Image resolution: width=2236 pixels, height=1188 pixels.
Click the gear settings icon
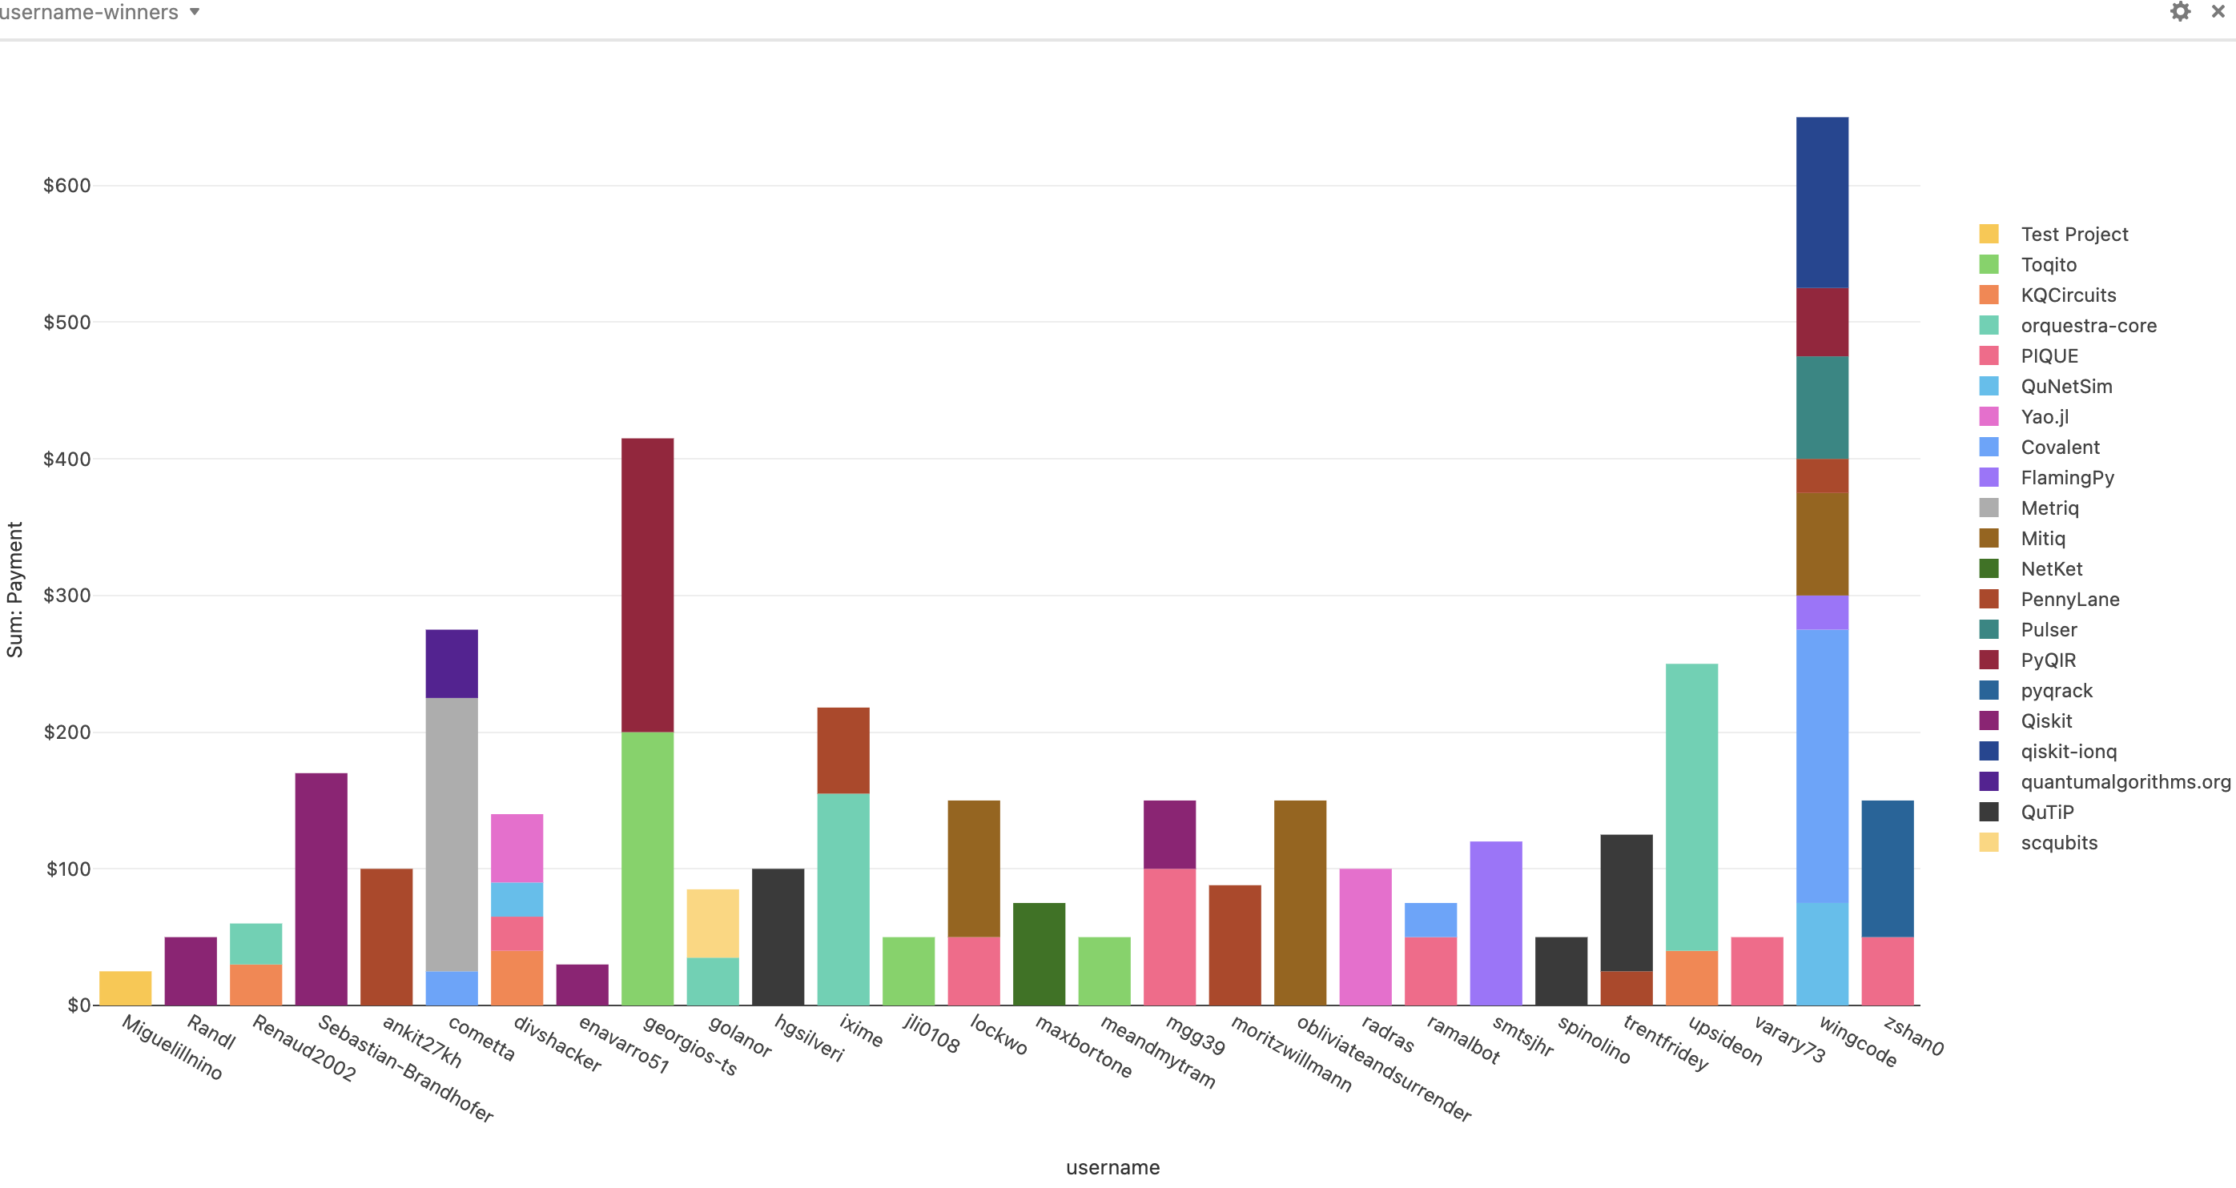tap(2180, 11)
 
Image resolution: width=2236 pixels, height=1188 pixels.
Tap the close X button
tap(2218, 11)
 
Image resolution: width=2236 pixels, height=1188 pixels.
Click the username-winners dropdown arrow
tap(195, 11)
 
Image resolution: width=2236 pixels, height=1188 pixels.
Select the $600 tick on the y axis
tap(66, 186)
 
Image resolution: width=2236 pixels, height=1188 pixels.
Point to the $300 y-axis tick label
tap(66, 596)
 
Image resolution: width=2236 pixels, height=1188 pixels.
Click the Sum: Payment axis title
tap(14, 589)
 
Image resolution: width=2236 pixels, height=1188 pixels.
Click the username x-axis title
tap(1112, 1167)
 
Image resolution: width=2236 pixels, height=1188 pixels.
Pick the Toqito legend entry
tap(2048, 265)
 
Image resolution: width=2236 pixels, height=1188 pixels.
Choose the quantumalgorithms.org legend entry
tap(2124, 782)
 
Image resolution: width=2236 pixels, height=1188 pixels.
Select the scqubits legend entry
tap(2058, 843)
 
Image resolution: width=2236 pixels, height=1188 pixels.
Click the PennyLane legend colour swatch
tap(1989, 599)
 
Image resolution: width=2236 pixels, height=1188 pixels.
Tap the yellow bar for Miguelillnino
tap(125, 989)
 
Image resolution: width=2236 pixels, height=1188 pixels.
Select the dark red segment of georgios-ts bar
tap(648, 585)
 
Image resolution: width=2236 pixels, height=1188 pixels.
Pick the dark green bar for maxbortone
tap(1039, 953)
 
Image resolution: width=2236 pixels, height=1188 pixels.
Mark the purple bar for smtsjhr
tap(1495, 922)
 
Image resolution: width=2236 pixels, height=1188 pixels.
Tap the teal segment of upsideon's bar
tap(1691, 807)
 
